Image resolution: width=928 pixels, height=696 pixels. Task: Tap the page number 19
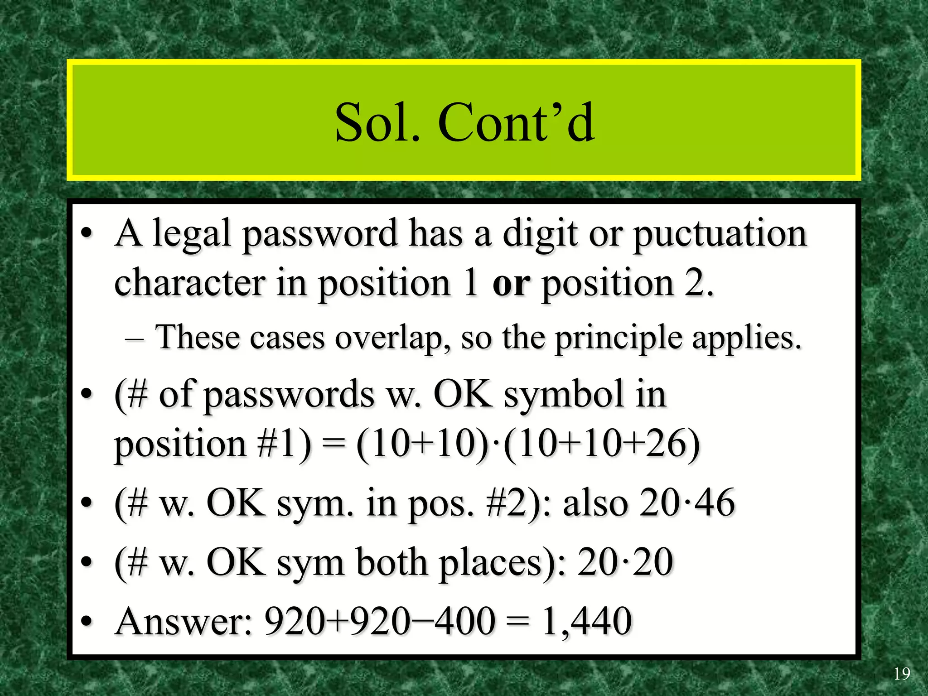click(901, 674)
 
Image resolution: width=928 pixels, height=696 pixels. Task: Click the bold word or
click(511, 283)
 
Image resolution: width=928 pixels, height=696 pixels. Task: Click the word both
click(391, 562)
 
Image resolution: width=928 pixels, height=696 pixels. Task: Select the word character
click(190, 283)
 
